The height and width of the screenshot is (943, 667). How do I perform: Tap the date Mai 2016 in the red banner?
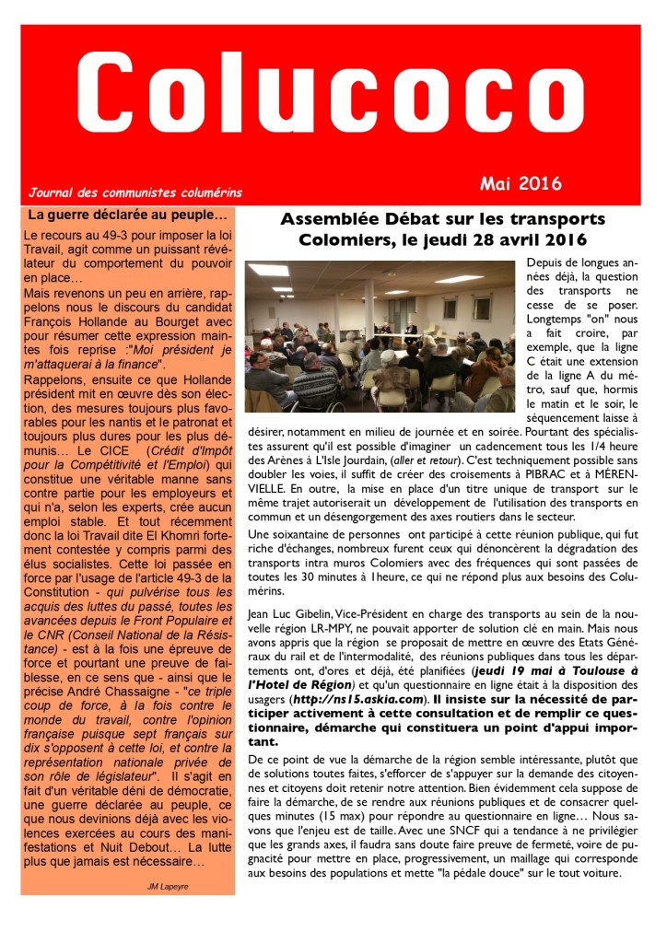tap(521, 183)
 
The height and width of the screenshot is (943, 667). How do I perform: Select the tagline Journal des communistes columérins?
tap(135, 193)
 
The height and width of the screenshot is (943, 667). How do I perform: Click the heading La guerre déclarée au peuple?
tap(127, 215)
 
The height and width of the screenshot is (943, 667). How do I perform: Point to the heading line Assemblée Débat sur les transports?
tap(443, 219)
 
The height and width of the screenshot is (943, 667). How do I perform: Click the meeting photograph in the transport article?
tap(379, 338)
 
